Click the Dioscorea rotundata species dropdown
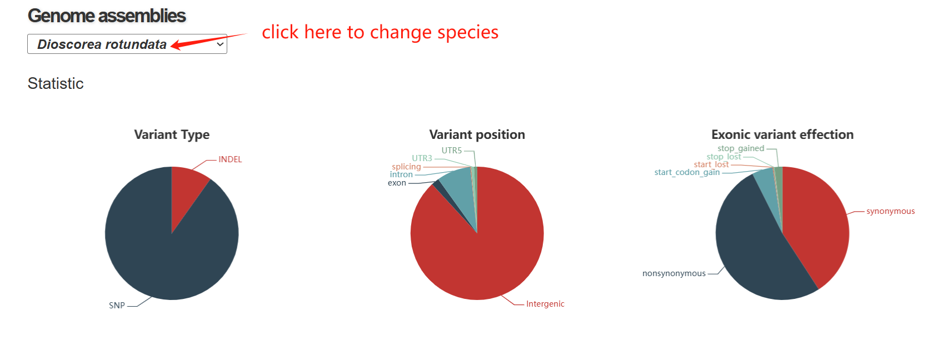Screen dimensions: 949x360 tap(127, 44)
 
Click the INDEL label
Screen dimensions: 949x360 tap(230, 159)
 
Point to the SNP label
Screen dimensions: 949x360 tap(117, 306)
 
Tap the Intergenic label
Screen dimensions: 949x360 tap(545, 304)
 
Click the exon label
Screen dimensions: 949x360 tap(397, 183)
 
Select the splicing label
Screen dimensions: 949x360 tap(406, 167)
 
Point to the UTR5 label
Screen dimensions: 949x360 tap(452, 151)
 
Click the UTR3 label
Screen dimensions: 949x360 tap(422, 158)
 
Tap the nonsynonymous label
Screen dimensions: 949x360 tap(674, 273)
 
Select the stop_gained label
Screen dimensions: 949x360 tap(741, 148)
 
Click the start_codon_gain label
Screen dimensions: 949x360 tap(687, 172)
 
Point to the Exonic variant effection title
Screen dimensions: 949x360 tap(782, 134)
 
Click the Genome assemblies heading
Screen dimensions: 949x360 tap(107, 16)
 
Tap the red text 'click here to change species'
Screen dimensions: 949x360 tap(380, 32)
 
